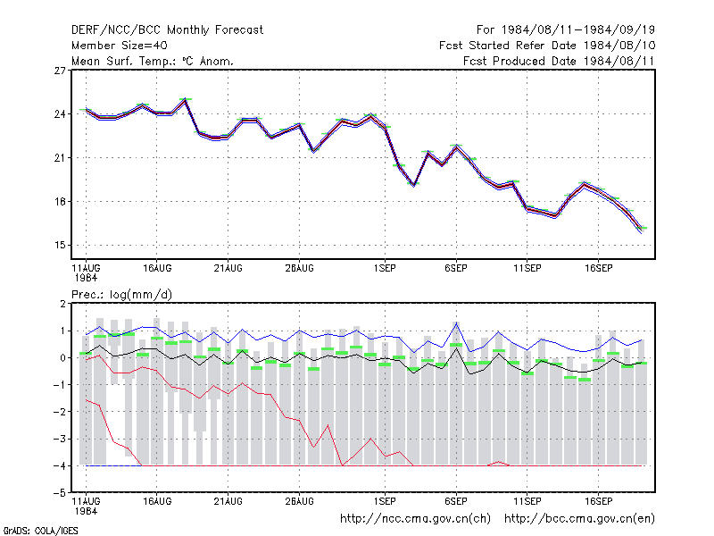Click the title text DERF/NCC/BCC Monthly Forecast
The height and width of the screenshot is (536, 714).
(x=167, y=30)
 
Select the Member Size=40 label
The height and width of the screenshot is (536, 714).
(x=120, y=46)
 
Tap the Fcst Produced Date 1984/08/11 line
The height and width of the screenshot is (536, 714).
(x=559, y=61)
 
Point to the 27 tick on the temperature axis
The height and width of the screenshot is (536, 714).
(x=60, y=71)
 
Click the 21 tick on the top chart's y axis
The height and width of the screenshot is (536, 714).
(x=60, y=158)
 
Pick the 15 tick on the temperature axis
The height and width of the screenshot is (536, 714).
(x=60, y=245)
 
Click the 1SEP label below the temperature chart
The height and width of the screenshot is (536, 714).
(x=385, y=269)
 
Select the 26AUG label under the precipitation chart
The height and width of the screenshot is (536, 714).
(x=299, y=501)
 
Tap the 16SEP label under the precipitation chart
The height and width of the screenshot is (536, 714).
(x=598, y=501)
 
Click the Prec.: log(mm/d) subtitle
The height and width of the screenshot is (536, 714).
(x=121, y=295)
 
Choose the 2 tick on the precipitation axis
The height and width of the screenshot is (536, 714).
(x=62, y=304)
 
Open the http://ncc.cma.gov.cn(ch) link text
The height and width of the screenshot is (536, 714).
(x=415, y=519)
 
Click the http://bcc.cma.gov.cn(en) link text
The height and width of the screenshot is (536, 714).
(x=579, y=519)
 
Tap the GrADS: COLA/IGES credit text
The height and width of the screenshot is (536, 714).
(x=40, y=531)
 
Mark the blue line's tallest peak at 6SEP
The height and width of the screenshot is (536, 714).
(x=456, y=322)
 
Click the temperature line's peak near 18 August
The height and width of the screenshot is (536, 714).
(x=186, y=99)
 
